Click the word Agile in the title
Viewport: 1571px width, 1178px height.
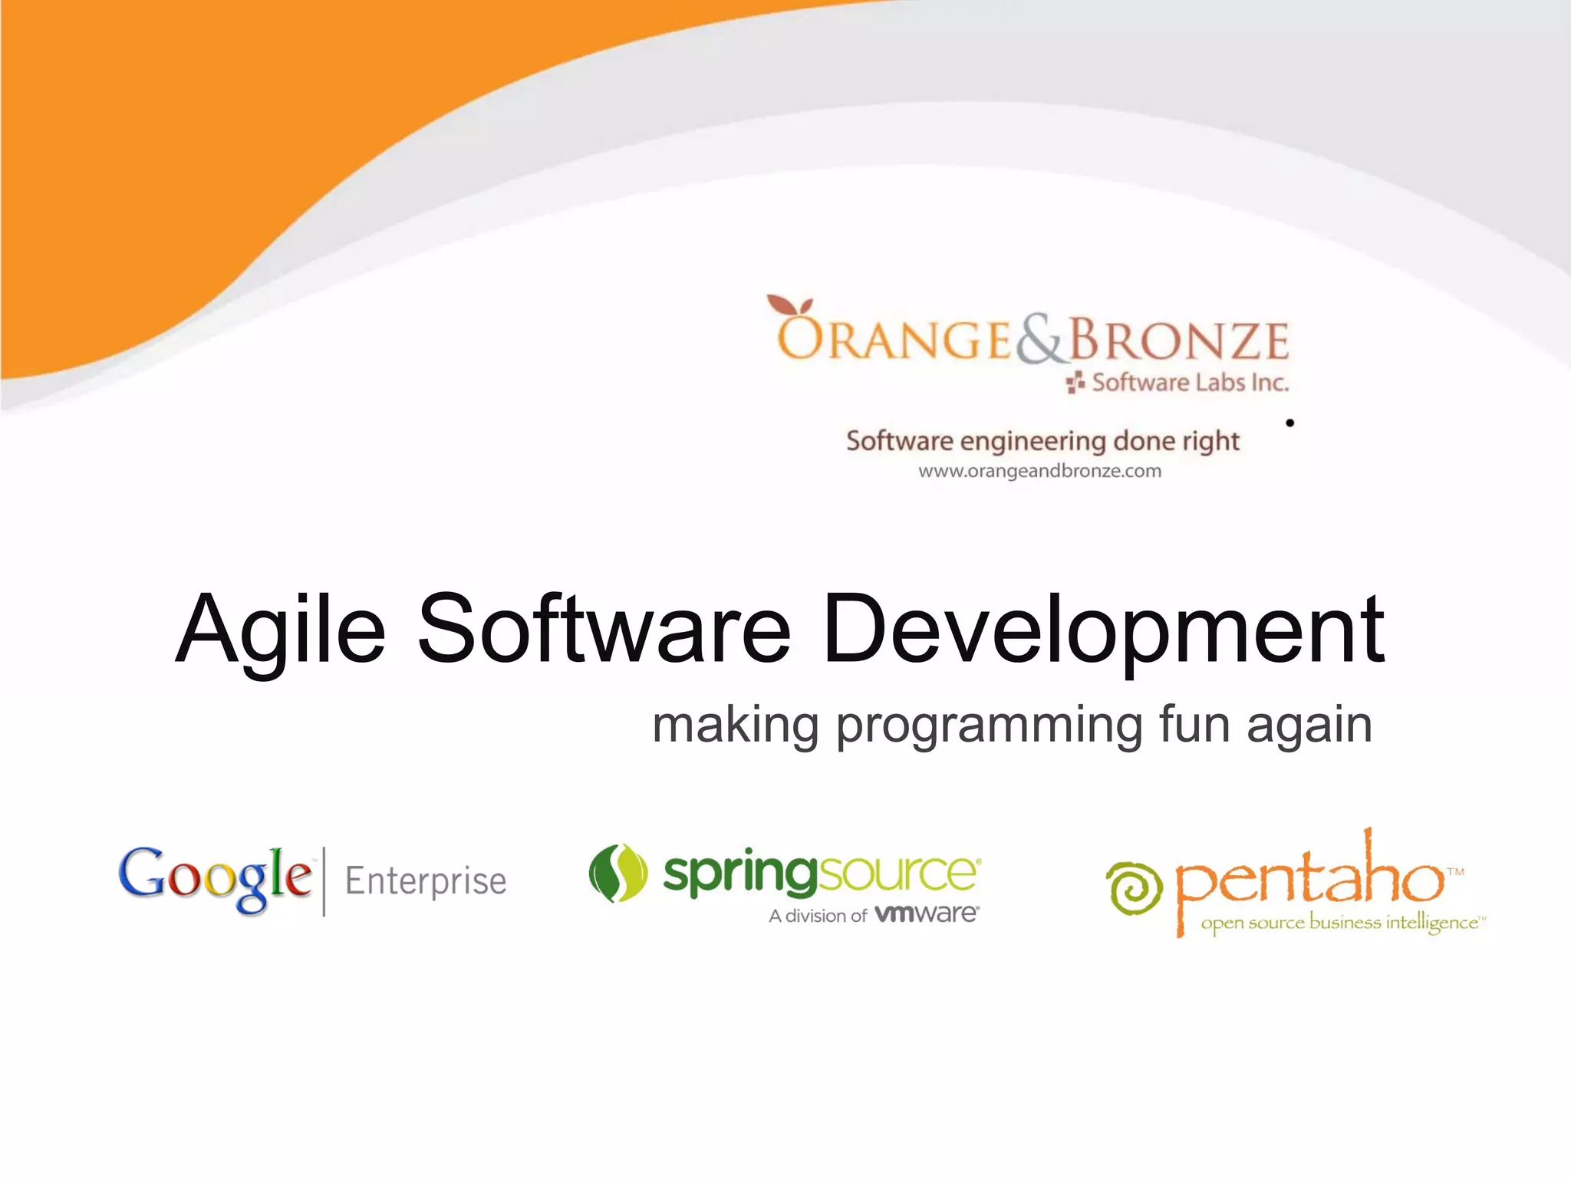pyautogui.click(x=280, y=630)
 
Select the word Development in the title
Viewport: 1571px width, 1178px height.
pyautogui.click(x=1103, y=630)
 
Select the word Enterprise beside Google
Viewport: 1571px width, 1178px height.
pyautogui.click(x=426, y=881)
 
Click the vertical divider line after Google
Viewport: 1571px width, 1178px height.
pyautogui.click(x=324, y=881)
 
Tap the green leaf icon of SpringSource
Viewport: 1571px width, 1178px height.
pyautogui.click(x=618, y=873)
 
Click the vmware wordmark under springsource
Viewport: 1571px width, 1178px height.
pyautogui.click(x=926, y=914)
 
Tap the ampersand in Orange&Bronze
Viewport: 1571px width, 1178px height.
pyautogui.click(x=1041, y=341)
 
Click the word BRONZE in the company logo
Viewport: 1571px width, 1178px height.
pyautogui.click(x=1179, y=341)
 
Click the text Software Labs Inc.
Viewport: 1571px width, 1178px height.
pyautogui.click(x=1189, y=382)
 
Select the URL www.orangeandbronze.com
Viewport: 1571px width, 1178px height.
pyautogui.click(x=1039, y=471)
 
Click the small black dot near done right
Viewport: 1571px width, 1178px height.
pyautogui.click(x=1289, y=423)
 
